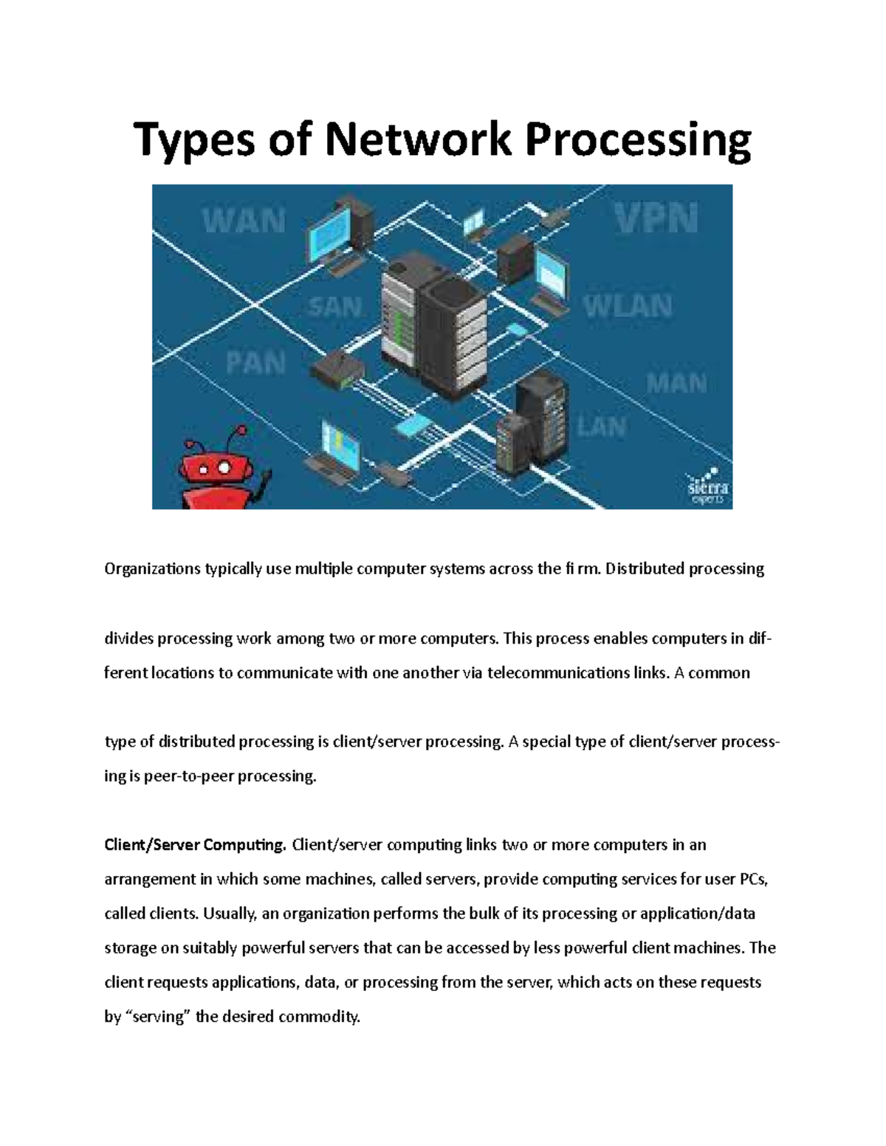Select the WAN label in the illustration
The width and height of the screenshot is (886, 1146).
click(244, 220)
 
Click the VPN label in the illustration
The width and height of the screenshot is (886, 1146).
click(656, 218)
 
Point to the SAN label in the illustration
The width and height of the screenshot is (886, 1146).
click(334, 306)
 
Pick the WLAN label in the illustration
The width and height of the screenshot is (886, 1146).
click(628, 306)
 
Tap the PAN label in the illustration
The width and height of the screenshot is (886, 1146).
click(255, 362)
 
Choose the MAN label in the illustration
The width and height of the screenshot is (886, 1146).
click(676, 383)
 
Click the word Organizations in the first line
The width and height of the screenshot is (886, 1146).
click(152, 569)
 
